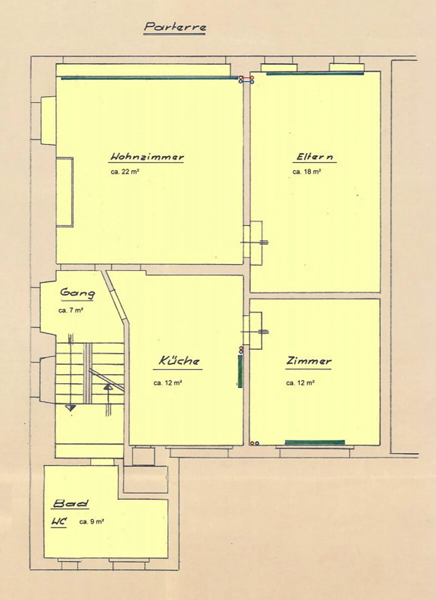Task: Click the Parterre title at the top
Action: click(x=175, y=27)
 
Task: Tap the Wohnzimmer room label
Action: click(x=147, y=157)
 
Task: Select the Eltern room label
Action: click(x=315, y=157)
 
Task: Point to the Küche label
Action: click(x=179, y=361)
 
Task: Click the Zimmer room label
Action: click(x=309, y=361)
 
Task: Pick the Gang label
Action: click(x=77, y=293)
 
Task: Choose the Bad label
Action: click(x=71, y=504)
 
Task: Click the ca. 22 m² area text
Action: click(x=125, y=172)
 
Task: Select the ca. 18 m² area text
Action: click(x=307, y=172)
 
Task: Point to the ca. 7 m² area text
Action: click(x=71, y=310)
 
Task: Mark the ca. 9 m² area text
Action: click(x=92, y=522)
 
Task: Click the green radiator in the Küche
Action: click(x=240, y=371)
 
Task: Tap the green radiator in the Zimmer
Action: click(x=315, y=443)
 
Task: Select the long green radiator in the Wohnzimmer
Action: click(x=150, y=78)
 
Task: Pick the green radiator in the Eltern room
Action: click(x=315, y=74)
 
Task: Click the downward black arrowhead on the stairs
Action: click(x=71, y=408)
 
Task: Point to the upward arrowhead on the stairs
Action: click(x=108, y=386)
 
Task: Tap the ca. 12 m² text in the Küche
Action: click(x=167, y=383)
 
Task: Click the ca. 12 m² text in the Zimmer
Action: click(x=300, y=383)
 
